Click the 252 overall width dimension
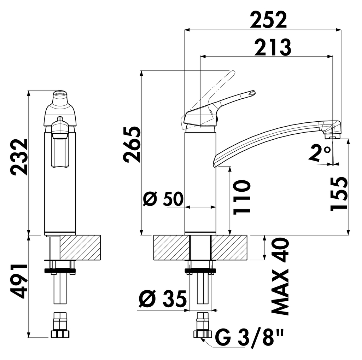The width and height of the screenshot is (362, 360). tap(268, 20)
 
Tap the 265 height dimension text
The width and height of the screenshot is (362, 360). tap(132, 144)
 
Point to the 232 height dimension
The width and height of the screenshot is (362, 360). tap(19, 157)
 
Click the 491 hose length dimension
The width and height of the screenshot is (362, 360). tap(19, 281)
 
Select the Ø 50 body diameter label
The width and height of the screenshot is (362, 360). tap(163, 200)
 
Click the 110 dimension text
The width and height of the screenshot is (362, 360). tap(242, 197)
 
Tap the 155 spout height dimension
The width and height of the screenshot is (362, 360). tap(339, 194)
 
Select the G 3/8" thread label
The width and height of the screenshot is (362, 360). tap(249, 338)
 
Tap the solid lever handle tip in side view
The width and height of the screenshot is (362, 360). tap(251, 93)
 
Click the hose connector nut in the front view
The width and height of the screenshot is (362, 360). tap(60, 333)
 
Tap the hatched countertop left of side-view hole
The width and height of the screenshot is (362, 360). tap(171, 247)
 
